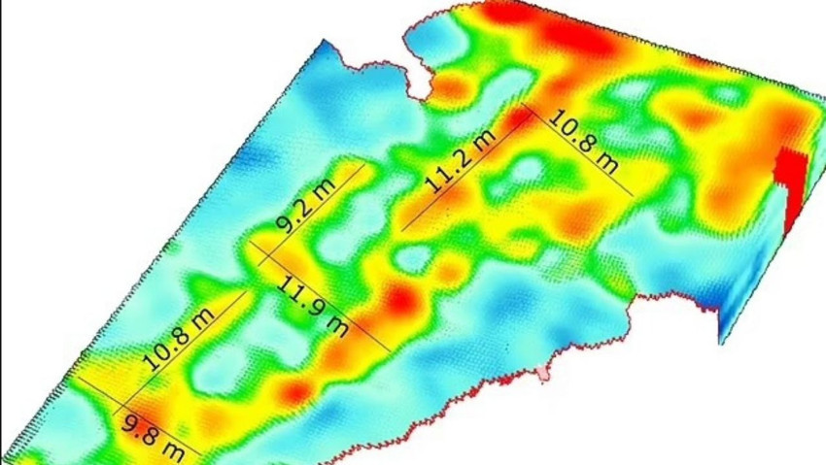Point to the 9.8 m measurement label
[160, 433]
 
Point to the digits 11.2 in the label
[447, 172]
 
